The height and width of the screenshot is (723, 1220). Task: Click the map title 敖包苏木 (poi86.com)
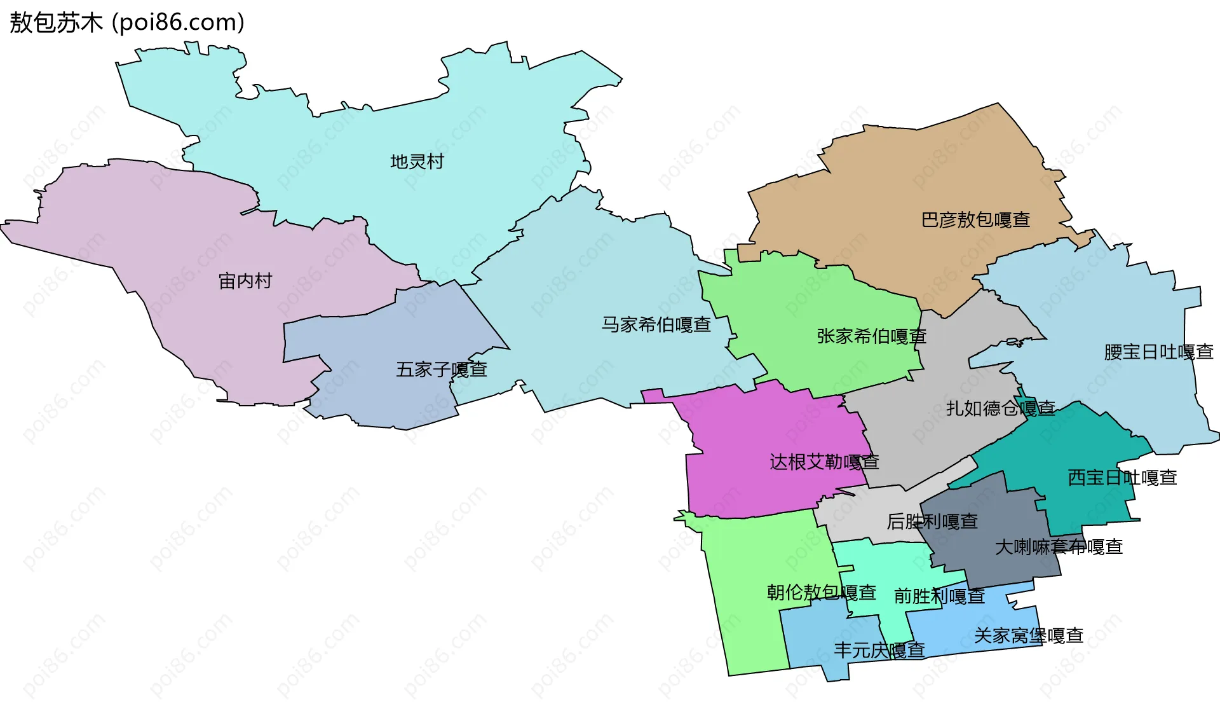pyautogui.click(x=127, y=22)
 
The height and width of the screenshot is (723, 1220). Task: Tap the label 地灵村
pyautogui.click(x=417, y=162)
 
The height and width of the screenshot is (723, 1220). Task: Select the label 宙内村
pyautogui.click(x=245, y=280)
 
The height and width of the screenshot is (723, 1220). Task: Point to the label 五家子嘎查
pyautogui.click(x=441, y=369)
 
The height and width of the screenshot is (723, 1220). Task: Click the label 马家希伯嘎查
pyautogui.click(x=656, y=325)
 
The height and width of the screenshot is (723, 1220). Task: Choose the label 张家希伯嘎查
pyautogui.click(x=871, y=336)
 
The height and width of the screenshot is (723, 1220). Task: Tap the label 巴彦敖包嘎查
pyautogui.click(x=975, y=220)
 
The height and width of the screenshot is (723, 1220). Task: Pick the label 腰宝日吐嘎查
pyautogui.click(x=1158, y=352)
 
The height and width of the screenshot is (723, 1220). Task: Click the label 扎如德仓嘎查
pyautogui.click(x=1000, y=408)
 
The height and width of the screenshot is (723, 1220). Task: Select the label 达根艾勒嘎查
pyautogui.click(x=824, y=462)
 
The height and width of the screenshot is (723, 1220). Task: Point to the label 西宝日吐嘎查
pyautogui.click(x=1122, y=478)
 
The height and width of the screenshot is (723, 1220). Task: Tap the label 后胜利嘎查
pyautogui.click(x=932, y=521)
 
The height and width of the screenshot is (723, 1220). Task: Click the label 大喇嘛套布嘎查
pyautogui.click(x=1059, y=547)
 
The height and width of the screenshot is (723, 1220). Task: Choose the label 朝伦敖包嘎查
pyautogui.click(x=821, y=593)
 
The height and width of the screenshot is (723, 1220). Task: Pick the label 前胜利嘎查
pyautogui.click(x=939, y=596)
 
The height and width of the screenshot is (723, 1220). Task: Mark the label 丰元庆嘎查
pyautogui.click(x=879, y=651)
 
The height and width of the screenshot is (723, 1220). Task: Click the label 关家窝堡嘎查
pyautogui.click(x=1028, y=635)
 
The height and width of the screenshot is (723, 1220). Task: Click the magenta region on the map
pyautogui.click(x=762, y=432)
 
